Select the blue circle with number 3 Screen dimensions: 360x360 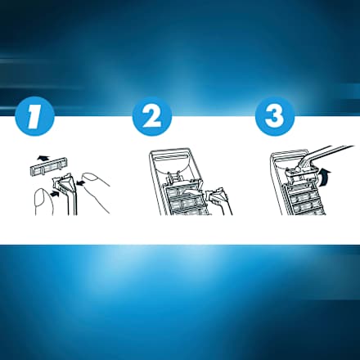click(275, 115)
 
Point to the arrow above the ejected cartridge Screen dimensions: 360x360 click(43, 158)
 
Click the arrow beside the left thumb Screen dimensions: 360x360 click(55, 194)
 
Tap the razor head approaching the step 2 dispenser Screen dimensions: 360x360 click(216, 195)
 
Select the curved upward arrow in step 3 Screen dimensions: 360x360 click(325, 178)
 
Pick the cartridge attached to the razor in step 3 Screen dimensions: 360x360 click(301, 175)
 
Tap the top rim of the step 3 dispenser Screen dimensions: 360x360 click(290, 151)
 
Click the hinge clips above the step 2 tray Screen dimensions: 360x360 click(174, 176)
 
